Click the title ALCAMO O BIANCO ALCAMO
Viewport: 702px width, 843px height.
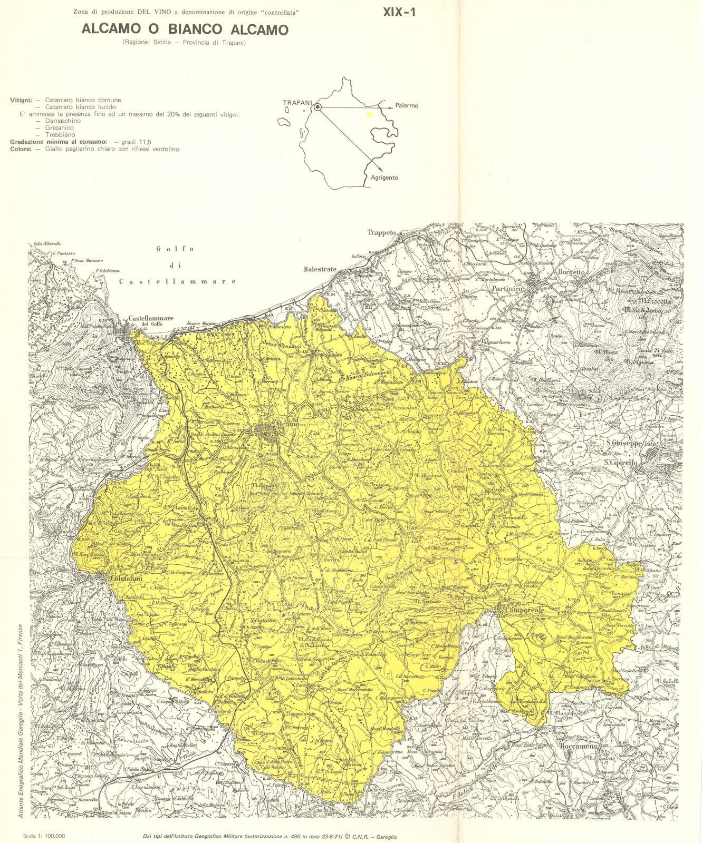(185, 30)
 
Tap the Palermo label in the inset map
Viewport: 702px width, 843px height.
(407, 106)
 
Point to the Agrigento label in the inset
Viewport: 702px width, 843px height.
(384, 178)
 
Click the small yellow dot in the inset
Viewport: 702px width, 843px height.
(369, 114)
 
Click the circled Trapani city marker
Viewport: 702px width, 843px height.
(318, 107)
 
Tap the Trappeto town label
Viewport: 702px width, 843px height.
(381, 232)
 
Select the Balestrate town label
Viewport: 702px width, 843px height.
(320, 269)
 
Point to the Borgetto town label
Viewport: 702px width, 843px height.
(571, 272)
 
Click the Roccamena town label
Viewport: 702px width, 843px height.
(579, 747)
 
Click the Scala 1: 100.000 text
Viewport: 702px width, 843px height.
(44, 836)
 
